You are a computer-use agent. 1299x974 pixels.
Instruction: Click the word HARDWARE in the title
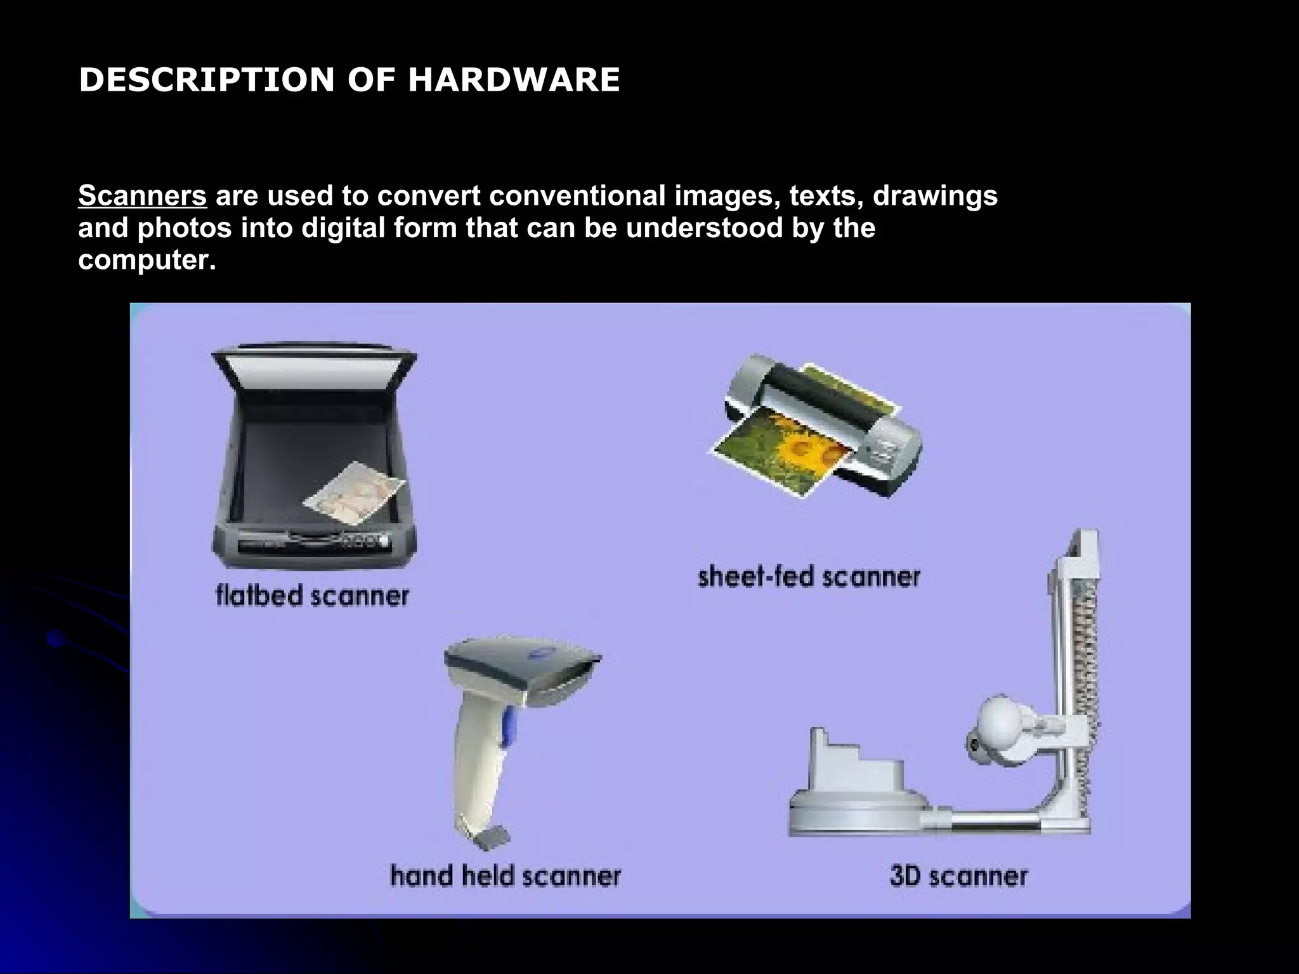coord(513,81)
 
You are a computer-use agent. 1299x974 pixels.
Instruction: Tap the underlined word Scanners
coord(142,196)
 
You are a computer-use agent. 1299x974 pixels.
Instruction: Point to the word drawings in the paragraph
coord(935,196)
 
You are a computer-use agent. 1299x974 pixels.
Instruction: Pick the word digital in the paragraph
coord(343,228)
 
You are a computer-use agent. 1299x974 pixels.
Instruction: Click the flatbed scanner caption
coord(312,596)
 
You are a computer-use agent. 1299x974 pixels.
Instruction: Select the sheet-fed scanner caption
coord(809,577)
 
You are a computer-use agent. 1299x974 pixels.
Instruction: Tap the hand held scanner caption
coord(505,876)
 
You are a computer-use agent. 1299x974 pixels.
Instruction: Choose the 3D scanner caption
coord(958,876)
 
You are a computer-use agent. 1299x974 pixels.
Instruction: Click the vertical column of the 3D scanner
coord(1078,666)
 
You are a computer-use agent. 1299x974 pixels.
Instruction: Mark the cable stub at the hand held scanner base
coord(491,837)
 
